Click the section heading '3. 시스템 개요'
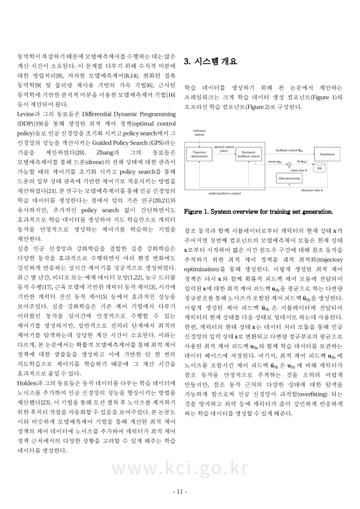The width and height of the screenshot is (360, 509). [x=210, y=62]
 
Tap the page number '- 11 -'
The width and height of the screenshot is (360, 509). [x=180, y=492]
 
